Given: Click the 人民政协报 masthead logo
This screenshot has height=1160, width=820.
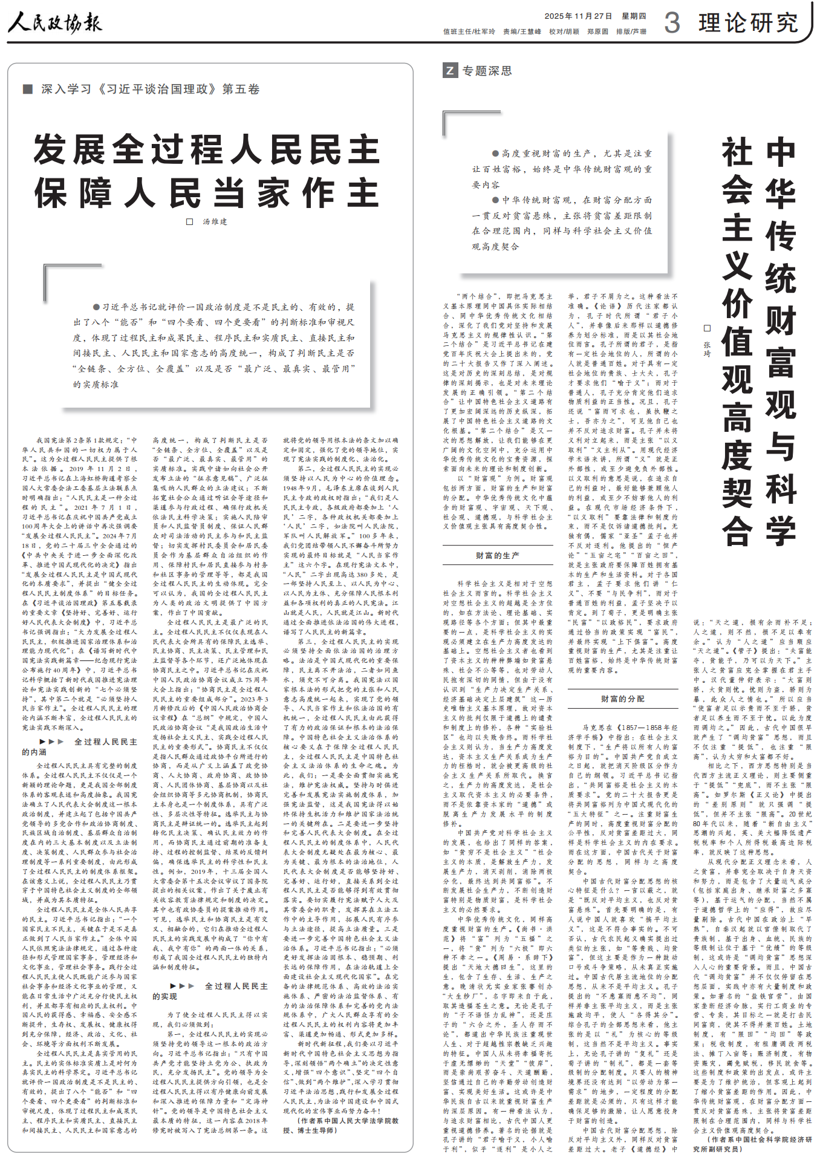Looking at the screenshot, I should [55, 23].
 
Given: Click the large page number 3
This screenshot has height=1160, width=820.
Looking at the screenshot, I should [672, 23].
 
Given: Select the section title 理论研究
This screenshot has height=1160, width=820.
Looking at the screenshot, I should [748, 23].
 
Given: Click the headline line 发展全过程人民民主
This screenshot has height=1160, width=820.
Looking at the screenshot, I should [207, 149].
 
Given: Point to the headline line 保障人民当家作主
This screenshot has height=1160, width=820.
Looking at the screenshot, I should [207, 193].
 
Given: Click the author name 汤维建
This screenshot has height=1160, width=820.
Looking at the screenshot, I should [215, 222].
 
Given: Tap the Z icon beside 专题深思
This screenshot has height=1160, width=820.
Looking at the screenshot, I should [449, 71].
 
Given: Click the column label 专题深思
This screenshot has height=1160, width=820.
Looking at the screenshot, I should [487, 71].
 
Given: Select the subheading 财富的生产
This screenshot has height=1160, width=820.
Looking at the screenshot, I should [497, 555].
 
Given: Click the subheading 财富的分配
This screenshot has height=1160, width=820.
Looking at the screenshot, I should [622, 699].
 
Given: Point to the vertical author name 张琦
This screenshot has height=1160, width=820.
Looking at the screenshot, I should [707, 348].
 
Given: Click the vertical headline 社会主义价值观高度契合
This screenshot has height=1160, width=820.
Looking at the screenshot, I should [737, 342].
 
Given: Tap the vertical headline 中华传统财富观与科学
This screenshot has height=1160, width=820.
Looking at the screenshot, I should [781, 342].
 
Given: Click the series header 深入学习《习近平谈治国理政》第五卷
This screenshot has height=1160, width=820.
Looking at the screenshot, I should [150, 89].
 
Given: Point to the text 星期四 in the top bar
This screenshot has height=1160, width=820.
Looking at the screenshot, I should [634, 16].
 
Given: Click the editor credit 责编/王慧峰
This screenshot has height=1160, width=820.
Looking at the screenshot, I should [522, 31].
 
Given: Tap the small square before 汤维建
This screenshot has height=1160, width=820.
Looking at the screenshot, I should [189, 222].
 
